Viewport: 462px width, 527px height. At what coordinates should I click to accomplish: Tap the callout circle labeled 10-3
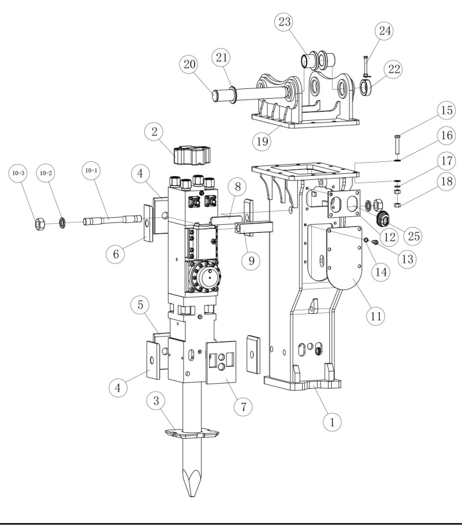point(17,173)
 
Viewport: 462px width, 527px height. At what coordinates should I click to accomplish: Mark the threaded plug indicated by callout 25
point(383,220)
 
